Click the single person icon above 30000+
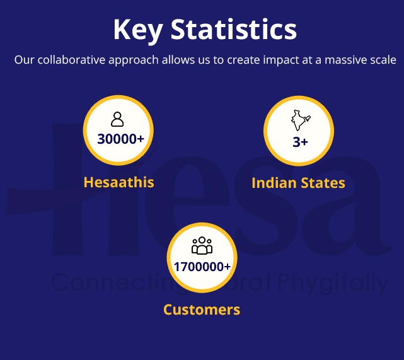(117, 119)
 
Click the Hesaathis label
(118, 182)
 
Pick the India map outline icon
(298, 120)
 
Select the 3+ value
(300, 141)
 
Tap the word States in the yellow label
(323, 183)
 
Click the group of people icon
(202, 245)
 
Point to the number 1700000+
(202, 267)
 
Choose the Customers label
(202, 310)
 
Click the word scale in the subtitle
(382, 61)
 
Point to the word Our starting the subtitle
(23, 61)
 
